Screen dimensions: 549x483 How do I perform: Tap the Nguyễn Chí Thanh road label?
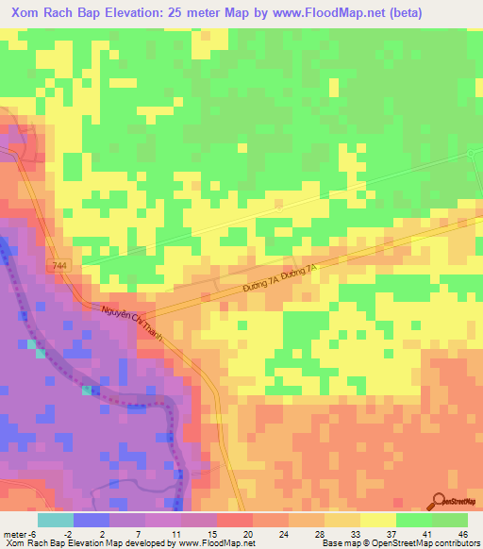(x=132, y=324)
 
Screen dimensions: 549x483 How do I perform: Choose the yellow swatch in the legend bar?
(x=378, y=519)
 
